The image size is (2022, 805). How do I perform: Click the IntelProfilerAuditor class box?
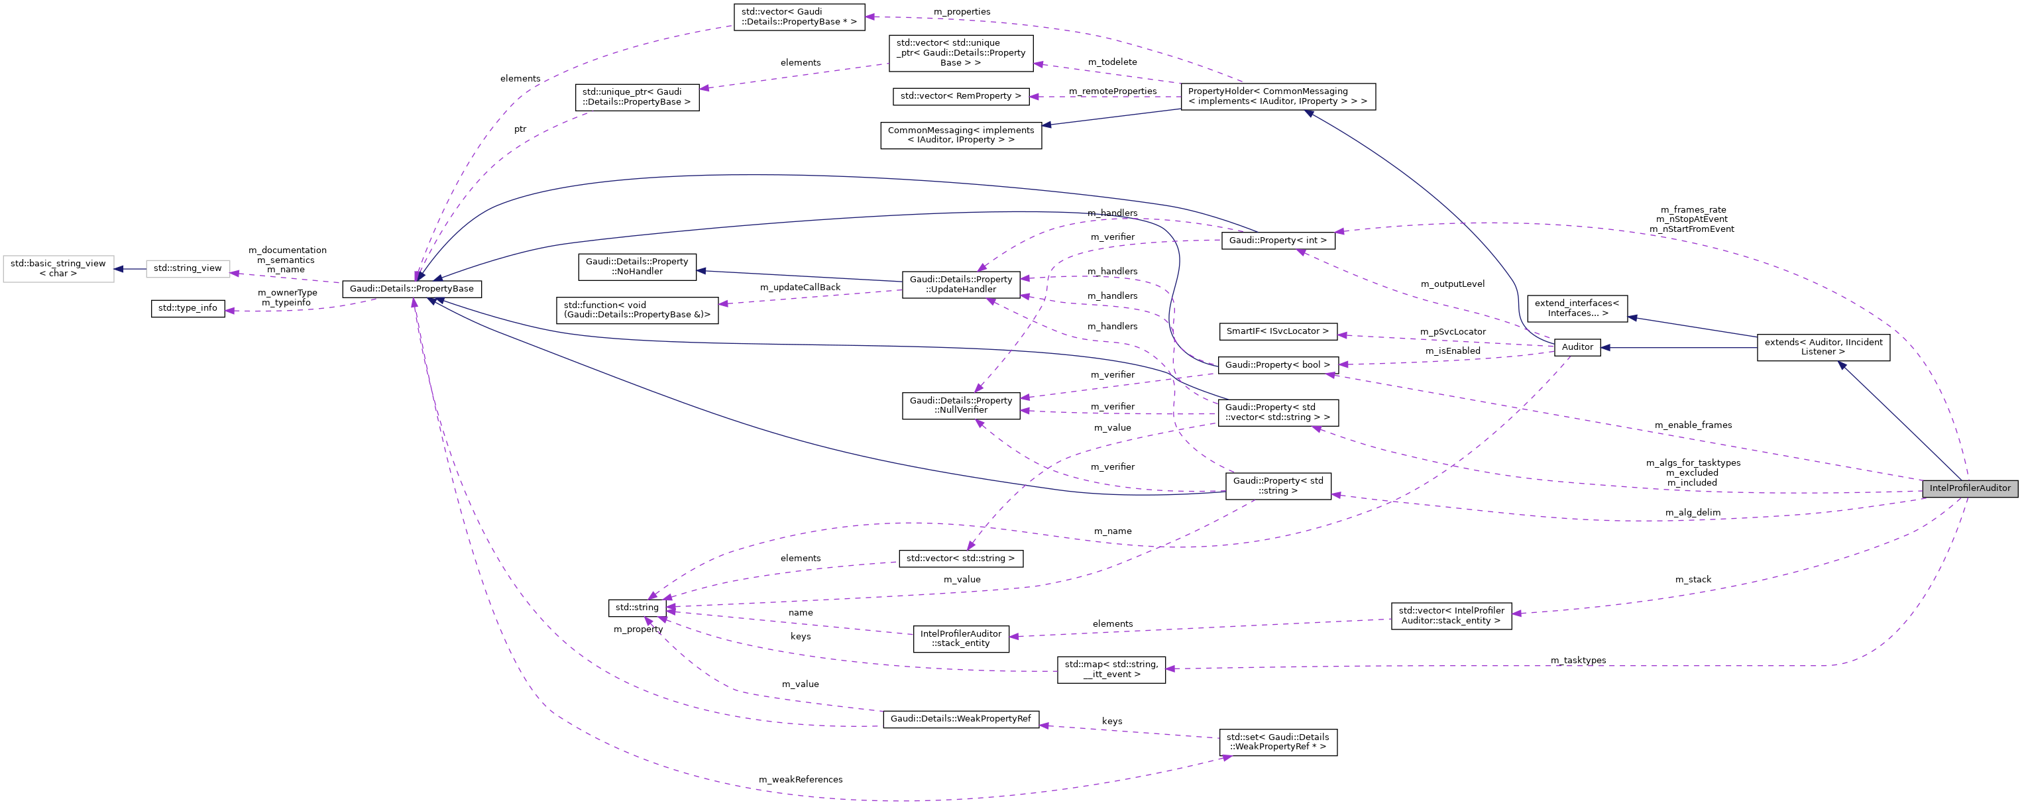tap(1970, 488)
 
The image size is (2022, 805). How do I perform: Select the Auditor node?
tap(1577, 347)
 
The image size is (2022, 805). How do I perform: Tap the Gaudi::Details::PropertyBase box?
tap(412, 289)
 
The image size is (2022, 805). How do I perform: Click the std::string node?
tap(637, 608)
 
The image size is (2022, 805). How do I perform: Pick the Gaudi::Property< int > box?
tap(1277, 240)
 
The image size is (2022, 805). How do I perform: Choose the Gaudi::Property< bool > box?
tap(1277, 365)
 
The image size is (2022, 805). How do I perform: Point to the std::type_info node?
tap(188, 307)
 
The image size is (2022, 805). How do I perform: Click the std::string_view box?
tap(188, 268)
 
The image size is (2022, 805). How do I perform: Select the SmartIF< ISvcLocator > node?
tap(1277, 331)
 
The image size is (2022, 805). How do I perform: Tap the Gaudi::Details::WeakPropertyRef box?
tap(960, 719)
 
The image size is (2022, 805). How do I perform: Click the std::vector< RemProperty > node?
tap(960, 95)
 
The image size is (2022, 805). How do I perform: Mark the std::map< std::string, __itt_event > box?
tap(1111, 669)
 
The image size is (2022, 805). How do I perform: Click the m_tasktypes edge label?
tap(1578, 661)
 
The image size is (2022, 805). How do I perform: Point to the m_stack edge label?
tap(1693, 580)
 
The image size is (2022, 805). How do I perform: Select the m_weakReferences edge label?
tap(800, 780)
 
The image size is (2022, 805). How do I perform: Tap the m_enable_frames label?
tap(1693, 425)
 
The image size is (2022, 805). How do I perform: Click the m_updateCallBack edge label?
tap(799, 287)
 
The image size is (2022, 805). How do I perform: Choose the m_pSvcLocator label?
tap(1452, 332)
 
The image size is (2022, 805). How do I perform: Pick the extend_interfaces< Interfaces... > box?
tap(1576, 308)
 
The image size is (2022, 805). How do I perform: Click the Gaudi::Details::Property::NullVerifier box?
tap(960, 405)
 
